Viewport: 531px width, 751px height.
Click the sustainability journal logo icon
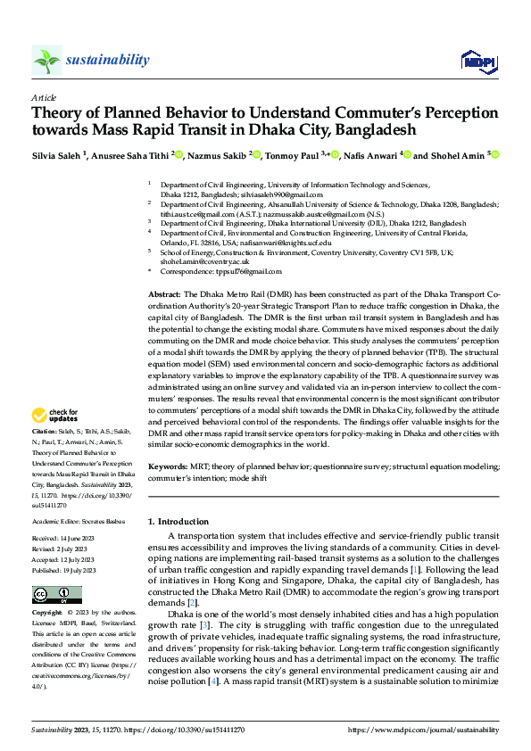(x=46, y=61)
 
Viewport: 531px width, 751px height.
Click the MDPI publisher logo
(x=477, y=61)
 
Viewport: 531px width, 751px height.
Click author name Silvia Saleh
(x=57, y=154)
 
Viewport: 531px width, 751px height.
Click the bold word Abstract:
(x=164, y=293)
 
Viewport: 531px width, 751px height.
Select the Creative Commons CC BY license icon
(x=56, y=595)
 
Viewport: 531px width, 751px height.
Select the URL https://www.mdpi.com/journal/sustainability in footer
(x=423, y=730)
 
